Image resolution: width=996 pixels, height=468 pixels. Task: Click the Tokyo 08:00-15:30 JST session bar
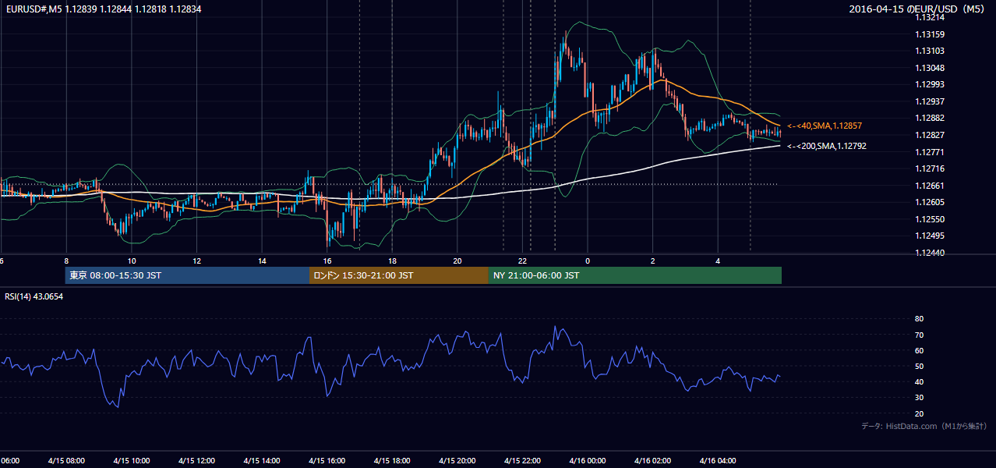pos(187,275)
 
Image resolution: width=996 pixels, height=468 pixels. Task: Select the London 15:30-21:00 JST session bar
pos(399,275)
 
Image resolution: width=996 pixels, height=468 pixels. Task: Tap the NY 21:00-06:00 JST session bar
pos(635,275)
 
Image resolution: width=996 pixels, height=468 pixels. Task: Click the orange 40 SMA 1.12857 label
pos(825,126)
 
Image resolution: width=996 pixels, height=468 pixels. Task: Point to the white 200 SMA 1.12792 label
pos(827,146)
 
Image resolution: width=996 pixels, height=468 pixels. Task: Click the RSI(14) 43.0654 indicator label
pos(34,296)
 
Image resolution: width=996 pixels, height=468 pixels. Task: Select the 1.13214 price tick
pos(930,18)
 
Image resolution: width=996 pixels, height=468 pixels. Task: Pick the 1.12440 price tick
pos(930,253)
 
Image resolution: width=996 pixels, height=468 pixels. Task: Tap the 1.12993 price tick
pos(930,84)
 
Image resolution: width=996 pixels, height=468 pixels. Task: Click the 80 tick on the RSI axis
pos(919,318)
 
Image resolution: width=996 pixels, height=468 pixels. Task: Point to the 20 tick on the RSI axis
pos(919,413)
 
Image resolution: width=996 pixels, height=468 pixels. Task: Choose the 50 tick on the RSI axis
pos(919,366)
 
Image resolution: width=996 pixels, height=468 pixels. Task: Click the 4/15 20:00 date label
pos(457,461)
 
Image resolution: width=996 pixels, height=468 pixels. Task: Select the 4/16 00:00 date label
pos(588,461)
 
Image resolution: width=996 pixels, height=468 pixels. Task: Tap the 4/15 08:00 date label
pos(66,461)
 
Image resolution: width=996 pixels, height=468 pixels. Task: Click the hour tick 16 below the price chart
pos(327,261)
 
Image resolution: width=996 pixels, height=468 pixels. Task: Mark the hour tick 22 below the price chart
pos(522,261)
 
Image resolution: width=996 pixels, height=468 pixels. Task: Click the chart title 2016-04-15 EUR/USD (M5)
pos(917,9)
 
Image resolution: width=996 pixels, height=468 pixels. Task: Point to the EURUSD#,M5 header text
pos(34,9)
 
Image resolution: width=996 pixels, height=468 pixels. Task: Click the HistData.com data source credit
pos(924,426)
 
